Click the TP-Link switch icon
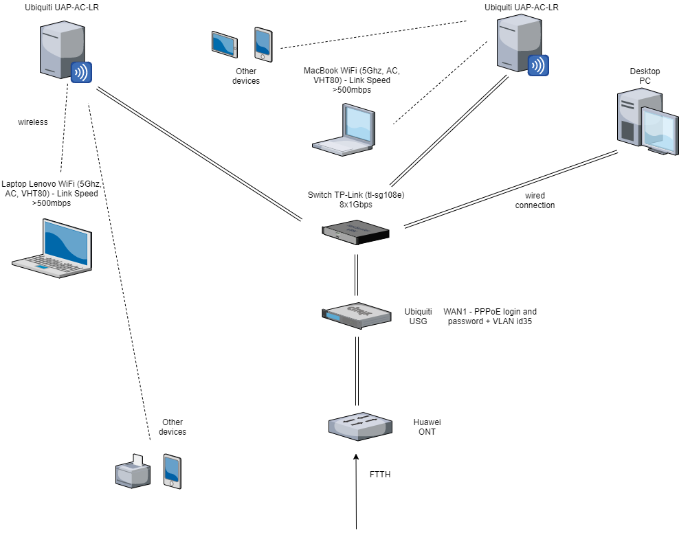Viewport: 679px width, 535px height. [x=357, y=231]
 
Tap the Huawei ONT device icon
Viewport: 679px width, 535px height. [x=359, y=426]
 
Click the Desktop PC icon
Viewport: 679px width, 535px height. [x=643, y=124]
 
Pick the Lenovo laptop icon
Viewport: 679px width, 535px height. [x=52, y=248]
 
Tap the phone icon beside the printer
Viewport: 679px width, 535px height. [x=172, y=471]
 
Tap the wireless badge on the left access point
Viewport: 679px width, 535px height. [x=82, y=71]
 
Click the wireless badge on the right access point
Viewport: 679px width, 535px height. [x=537, y=65]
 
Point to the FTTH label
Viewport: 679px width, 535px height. [x=381, y=475]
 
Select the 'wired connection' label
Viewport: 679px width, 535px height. [x=535, y=201]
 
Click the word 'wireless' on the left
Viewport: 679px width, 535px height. [x=33, y=122]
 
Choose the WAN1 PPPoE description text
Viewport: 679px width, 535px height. [x=490, y=316]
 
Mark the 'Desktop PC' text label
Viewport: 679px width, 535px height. [x=645, y=76]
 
